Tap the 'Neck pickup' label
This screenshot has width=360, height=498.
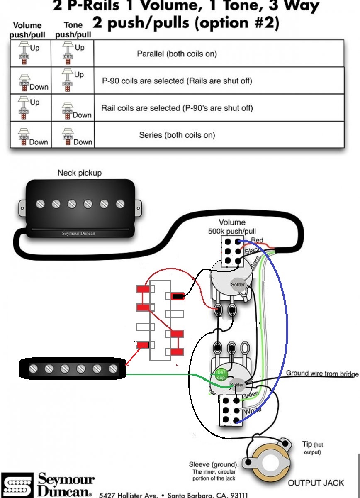tap(79, 173)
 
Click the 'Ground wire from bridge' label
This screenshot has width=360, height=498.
tap(322, 373)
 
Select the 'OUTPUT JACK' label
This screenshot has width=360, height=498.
tap(316, 483)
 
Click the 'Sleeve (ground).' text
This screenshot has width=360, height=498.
tap(214, 464)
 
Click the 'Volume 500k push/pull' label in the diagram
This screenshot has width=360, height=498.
tap(232, 226)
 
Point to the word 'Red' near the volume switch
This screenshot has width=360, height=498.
tap(257, 240)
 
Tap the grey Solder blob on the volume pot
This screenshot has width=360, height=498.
tap(238, 284)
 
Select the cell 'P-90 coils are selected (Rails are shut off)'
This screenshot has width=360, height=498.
tap(177, 81)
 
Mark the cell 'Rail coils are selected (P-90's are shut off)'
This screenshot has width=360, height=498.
tap(177, 108)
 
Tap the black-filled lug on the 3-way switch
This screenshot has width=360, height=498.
tap(178, 296)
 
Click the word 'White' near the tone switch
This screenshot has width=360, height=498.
tap(253, 410)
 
